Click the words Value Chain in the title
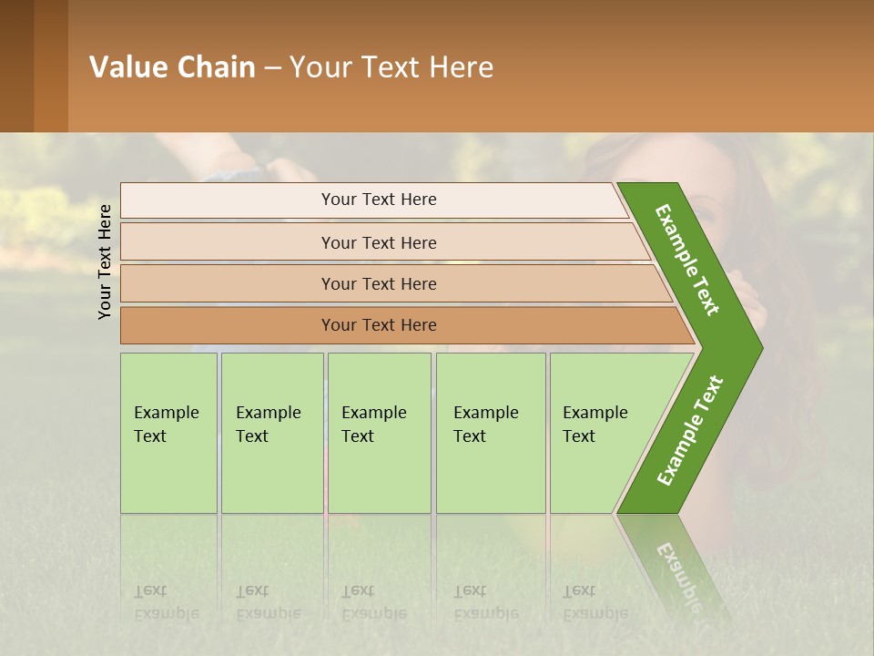tap(172, 67)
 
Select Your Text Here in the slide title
tap(391, 67)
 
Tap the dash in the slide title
tap(272, 67)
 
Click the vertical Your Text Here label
tap(105, 261)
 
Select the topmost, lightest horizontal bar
tap(378, 200)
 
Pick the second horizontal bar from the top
tap(378, 242)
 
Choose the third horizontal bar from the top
tap(378, 283)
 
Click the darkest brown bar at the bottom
tap(378, 325)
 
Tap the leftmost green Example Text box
tap(168, 433)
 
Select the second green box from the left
tap(271, 433)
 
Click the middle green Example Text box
tap(378, 433)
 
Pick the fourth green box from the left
tap(490, 433)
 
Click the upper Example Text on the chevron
tap(688, 260)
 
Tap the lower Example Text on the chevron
tap(690, 431)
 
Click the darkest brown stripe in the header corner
tap(16, 66)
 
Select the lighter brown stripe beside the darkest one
tap(51, 66)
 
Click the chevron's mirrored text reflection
tap(678, 569)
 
